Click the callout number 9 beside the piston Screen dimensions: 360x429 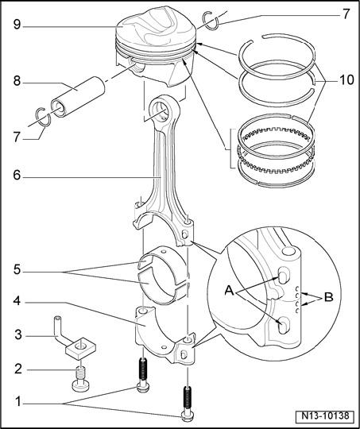coord(17,25)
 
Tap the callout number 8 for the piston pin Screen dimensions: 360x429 coord(17,81)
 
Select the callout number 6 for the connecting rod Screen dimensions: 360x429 coord(17,175)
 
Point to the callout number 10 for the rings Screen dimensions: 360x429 coord(346,80)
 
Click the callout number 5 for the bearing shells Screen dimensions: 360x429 coord(17,270)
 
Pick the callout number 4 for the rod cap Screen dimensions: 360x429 coord(17,301)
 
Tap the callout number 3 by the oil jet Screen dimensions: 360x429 coord(18,334)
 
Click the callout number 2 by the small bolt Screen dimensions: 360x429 coord(18,369)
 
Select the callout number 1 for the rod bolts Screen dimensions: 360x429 coord(18,402)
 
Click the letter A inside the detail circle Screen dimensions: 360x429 coord(230,290)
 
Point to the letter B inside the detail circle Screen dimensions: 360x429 coord(328,297)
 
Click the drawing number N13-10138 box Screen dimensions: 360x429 coord(326,415)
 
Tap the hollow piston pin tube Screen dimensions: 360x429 coord(78,97)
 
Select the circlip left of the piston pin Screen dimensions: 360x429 coord(44,118)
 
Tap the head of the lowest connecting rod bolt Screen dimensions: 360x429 coord(188,417)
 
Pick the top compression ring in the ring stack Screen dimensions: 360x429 coord(277,56)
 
